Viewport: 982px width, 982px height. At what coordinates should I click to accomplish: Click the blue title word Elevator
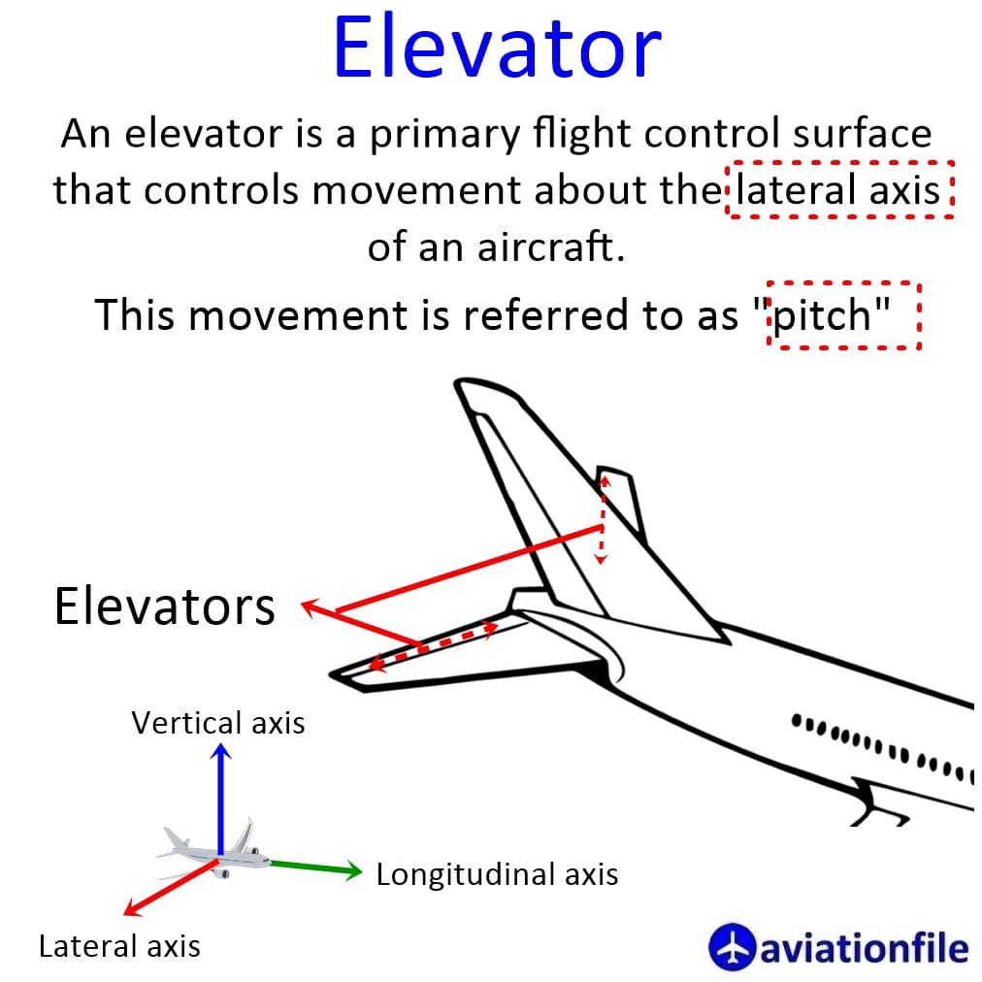point(497,49)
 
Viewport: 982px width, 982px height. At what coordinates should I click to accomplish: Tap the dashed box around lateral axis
point(839,189)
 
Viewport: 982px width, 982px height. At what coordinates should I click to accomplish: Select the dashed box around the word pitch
point(842,315)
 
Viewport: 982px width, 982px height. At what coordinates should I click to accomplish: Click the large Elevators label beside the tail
point(165,606)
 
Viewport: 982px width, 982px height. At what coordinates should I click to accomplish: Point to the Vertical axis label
point(218,723)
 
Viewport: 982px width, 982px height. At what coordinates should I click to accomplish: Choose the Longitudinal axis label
point(497,874)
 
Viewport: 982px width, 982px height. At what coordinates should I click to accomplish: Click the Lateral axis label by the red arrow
point(119,946)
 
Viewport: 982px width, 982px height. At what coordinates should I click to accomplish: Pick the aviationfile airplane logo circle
point(731,946)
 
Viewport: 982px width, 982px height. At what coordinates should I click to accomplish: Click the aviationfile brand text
point(864,947)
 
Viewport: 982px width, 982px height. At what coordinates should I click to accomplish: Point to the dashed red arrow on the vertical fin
point(603,519)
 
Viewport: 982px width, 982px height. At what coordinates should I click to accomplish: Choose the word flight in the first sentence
point(582,135)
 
